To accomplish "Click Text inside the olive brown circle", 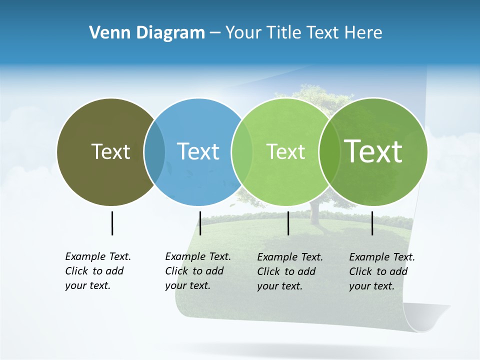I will pyautogui.click(x=110, y=151).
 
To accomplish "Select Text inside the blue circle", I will pyautogui.click(x=198, y=151).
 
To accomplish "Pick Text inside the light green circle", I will pyautogui.click(x=285, y=151).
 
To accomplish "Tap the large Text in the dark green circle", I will pyautogui.click(x=373, y=151).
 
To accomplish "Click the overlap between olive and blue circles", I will pyautogui.click(x=154, y=151).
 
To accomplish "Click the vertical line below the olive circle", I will pyautogui.click(x=112, y=223).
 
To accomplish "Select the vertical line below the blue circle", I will pyautogui.click(x=200, y=223).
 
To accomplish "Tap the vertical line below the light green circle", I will pyautogui.click(x=288, y=223).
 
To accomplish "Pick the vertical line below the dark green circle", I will pyautogui.click(x=372, y=223).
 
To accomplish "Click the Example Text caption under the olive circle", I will pyautogui.click(x=98, y=271).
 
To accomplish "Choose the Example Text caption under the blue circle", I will pyautogui.click(x=198, y=271).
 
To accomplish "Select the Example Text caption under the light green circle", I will pyautogui.click(x=290, y=271).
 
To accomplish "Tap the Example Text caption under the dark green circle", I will pyautogui.click(x=382, y=271).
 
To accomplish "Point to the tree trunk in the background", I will pyautogui.click(x=314, y=212).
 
